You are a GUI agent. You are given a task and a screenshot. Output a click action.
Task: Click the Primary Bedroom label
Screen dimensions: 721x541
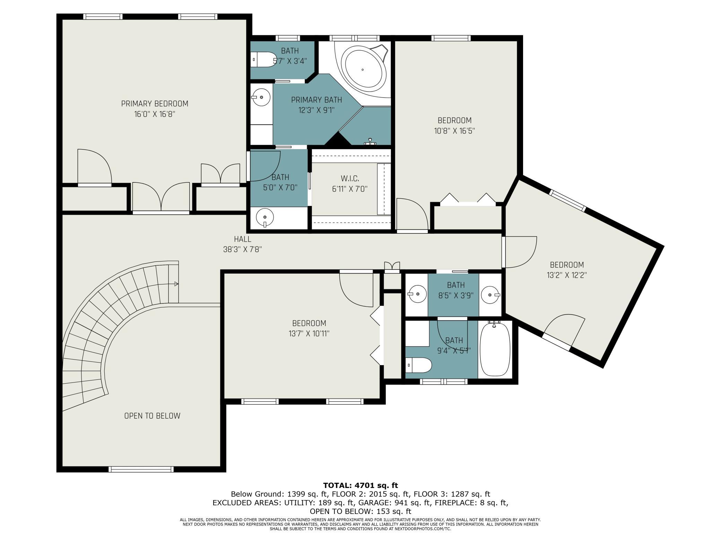155,104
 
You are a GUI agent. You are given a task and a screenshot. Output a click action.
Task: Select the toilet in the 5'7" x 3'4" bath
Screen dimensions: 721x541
263,60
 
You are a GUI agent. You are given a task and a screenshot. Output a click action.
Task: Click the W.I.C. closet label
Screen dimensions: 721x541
350,179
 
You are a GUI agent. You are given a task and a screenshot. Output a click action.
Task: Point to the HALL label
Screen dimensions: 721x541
243,239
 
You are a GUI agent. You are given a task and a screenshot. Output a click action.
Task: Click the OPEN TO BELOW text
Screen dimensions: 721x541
152,416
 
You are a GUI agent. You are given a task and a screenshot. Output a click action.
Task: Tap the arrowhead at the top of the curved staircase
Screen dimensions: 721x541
176,284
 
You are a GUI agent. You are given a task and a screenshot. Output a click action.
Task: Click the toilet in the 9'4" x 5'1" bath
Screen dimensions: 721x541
419,365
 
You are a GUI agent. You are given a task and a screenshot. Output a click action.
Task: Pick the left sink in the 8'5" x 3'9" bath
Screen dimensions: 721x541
417,294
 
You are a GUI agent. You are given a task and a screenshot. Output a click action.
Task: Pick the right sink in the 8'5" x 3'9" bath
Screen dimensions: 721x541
490,295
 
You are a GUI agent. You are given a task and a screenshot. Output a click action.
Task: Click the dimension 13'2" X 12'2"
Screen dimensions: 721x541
568,275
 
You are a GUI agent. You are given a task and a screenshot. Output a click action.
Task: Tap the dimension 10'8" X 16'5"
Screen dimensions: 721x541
454,131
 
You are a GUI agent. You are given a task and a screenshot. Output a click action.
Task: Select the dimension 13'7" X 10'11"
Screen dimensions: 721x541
309,334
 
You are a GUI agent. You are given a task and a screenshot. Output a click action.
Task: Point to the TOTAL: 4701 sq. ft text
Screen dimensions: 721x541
360,486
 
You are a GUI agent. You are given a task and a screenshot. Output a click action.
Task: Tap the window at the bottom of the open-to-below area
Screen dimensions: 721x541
141,469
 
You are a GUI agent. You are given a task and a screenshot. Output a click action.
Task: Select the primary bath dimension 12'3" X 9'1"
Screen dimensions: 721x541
316,110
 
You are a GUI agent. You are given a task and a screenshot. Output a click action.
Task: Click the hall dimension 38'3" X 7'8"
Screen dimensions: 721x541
243,249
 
